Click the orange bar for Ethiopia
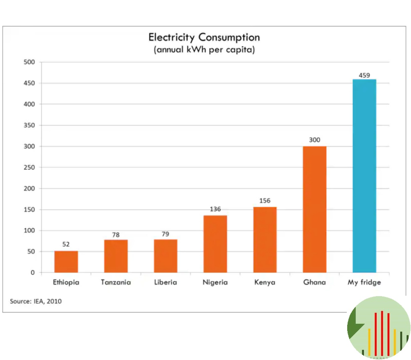(x=66, y=262)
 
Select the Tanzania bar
(x=116, y=256)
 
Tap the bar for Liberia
(x=165, y=256)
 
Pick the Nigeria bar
(x=215, y=244)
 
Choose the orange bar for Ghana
(x=315, y=209)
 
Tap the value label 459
(x=364, y=75)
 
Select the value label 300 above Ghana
(x=315, y=140)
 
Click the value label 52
(x=66, y=244)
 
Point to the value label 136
(x=215, y=209)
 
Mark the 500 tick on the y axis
(x=30, y=62)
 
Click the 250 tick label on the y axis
(x=30, y=168)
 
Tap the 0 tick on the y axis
(x=33, y=273)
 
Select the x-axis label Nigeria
(x=215, y=282)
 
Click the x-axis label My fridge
(x=364, y=282)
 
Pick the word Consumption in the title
(x=229, y=37)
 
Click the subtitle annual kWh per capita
(x=204, y=50)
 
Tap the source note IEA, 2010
(x=36, y=301)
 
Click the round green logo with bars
(x=378, y=327)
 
